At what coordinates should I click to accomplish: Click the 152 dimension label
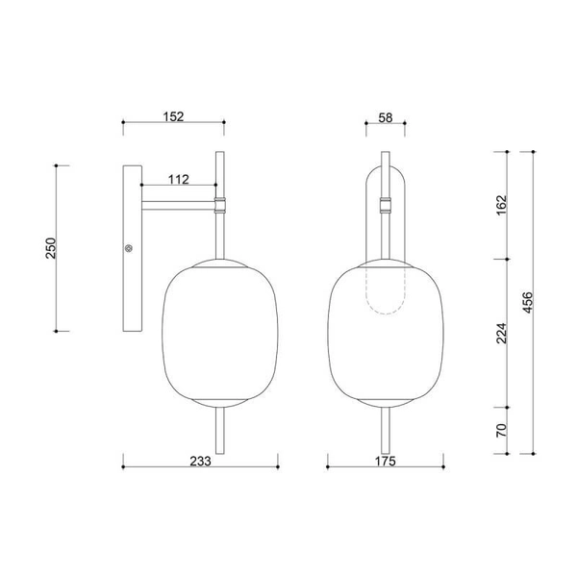(172, 115)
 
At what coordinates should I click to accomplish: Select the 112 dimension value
(176, 179)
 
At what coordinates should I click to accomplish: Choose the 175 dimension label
(385, 461)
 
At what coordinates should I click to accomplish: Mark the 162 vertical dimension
(499, 205)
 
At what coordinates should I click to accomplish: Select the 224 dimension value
(499, 333)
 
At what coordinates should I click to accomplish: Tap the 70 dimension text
(499, 429)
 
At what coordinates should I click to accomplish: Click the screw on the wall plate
(130, 248)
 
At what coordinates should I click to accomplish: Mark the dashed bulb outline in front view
(386, 293)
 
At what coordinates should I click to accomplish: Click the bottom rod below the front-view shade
(386, 433)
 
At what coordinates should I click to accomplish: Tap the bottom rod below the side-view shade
(221, 433)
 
